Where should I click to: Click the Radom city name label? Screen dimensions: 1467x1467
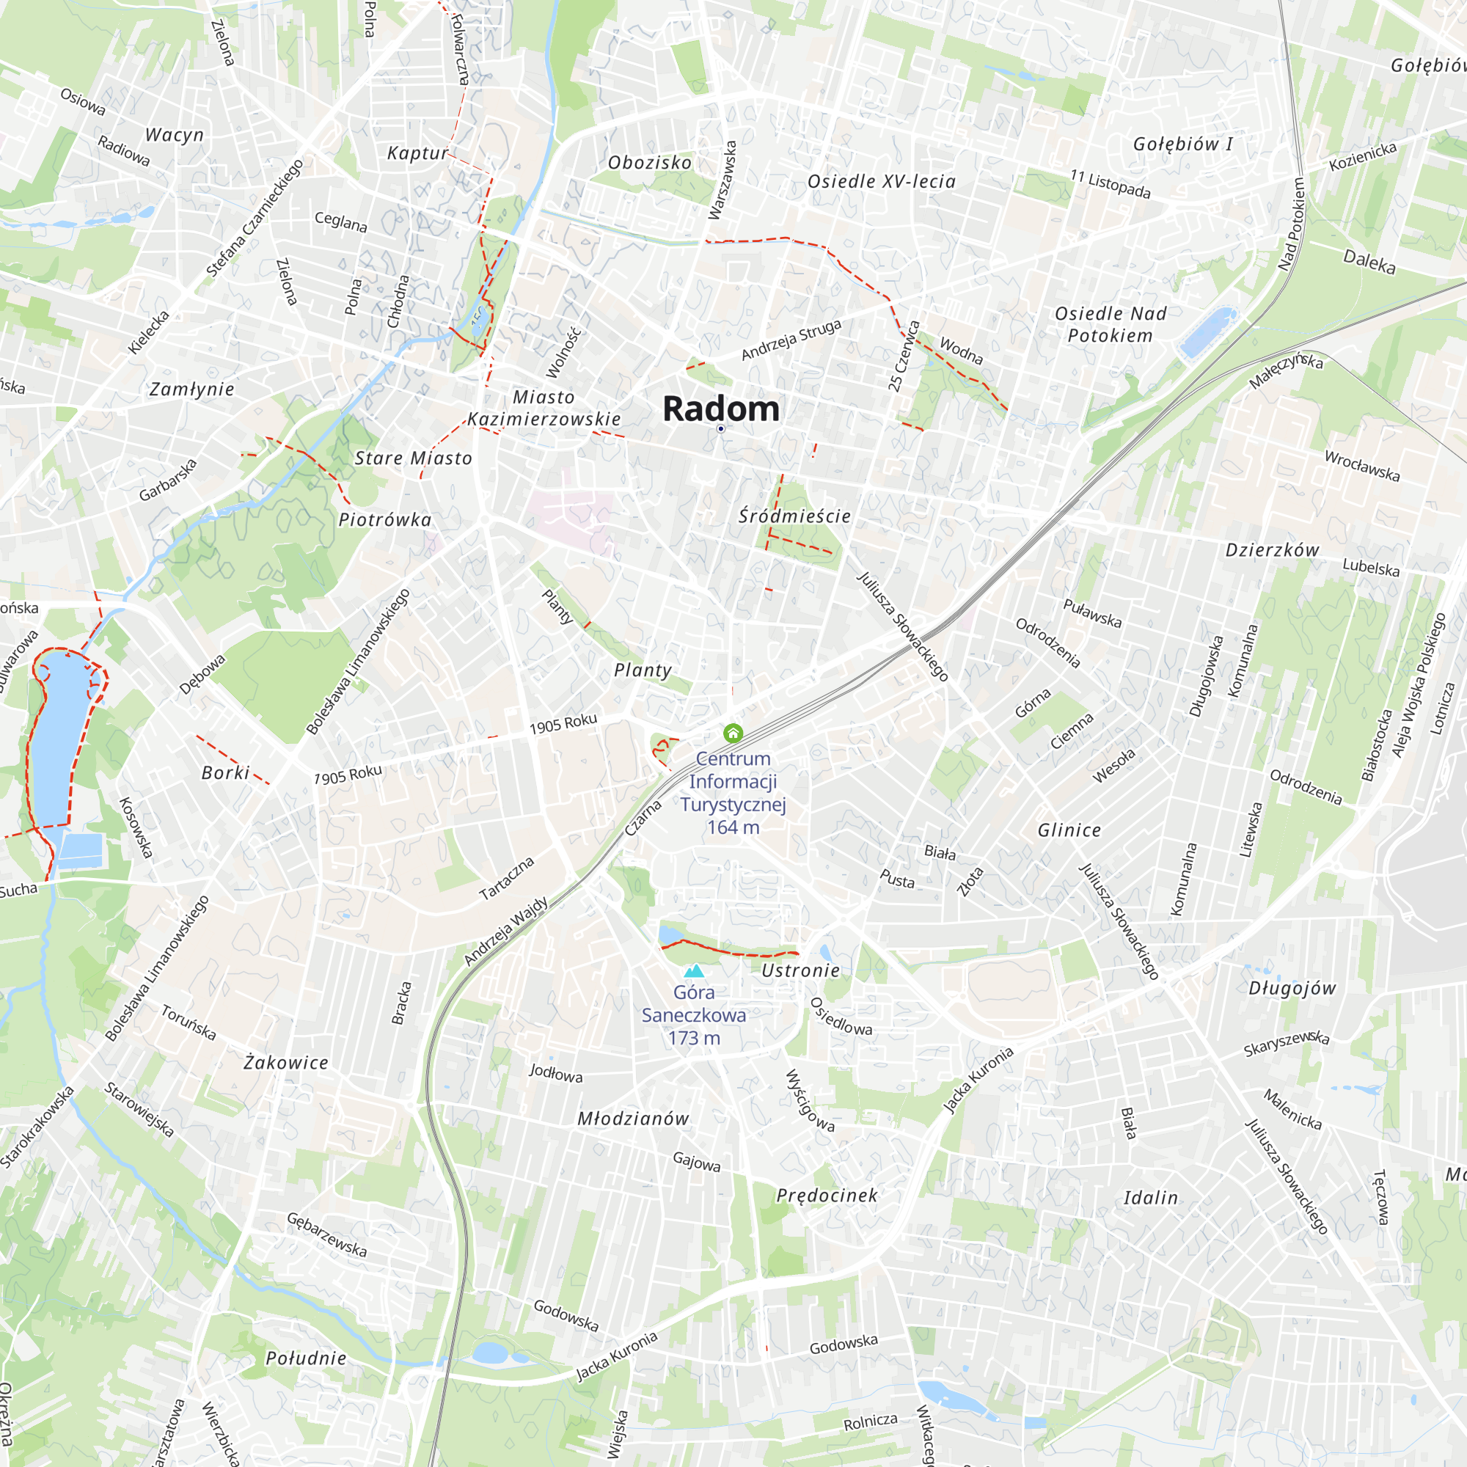point(720,409)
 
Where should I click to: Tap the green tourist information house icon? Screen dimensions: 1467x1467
point(733,733)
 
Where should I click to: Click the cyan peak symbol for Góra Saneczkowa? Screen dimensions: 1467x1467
point(694,970)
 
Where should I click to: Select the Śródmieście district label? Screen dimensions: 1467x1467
point(794,516)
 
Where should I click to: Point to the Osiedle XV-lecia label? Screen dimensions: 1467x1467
point(881,181)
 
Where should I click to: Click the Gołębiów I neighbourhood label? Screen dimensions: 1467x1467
point(1182,144)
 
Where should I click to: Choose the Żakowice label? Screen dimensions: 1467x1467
point(286,1063)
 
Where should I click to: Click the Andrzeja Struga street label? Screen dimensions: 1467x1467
point(791,340)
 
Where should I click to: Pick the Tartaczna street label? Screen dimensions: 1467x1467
point(506,879)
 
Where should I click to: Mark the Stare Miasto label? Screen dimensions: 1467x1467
point(413,458)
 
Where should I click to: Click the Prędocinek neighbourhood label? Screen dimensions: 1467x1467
point(826,1196)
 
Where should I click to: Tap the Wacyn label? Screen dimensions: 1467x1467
point(175,135)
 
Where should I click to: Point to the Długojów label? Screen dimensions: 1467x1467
point(1292,989)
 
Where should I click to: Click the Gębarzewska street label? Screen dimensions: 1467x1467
point(326,1234)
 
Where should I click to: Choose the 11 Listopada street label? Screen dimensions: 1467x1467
point(1110,185)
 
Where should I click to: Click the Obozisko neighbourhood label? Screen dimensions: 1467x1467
point(650,163)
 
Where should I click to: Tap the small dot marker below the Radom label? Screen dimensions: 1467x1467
point(720,429)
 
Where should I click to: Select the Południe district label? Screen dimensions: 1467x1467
point(306,1358)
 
